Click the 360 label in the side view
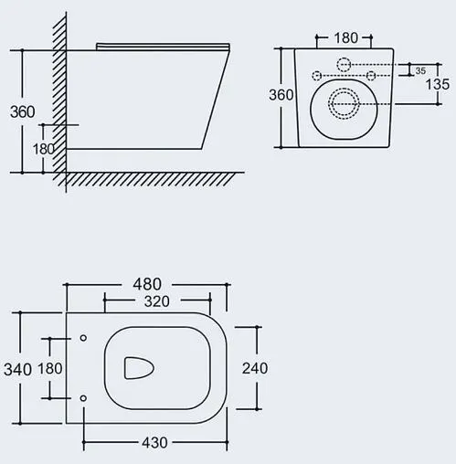point(23,111)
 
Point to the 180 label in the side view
point(43,148)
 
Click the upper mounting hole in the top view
point(83,339)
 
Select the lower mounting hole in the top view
point(83,397)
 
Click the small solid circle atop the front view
point(344,64)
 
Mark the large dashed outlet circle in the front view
point(344,104)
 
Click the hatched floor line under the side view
point(155,179)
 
